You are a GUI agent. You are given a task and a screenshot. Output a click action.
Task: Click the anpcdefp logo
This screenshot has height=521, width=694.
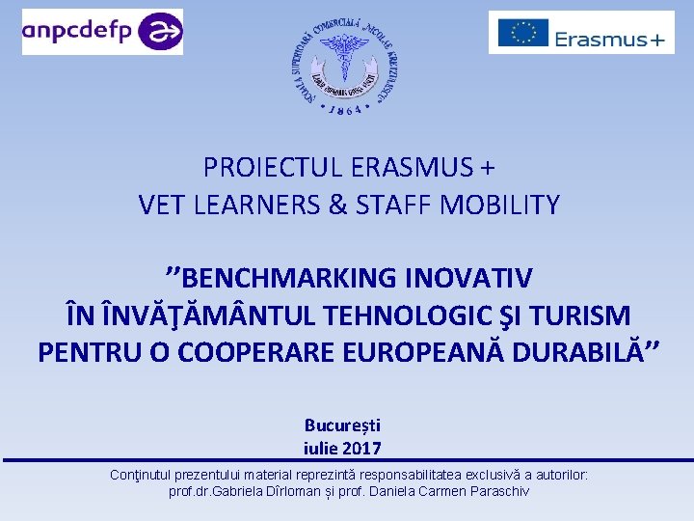pos(102,31)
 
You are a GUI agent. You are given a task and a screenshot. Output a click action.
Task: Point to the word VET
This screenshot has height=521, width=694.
pos(162,205)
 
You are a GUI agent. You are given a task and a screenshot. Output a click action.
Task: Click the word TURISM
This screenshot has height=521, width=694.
pos(581,315)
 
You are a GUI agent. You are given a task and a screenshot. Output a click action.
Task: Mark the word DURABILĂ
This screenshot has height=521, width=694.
pos(586,353)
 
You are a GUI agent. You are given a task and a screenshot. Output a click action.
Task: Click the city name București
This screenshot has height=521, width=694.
pos(342,425)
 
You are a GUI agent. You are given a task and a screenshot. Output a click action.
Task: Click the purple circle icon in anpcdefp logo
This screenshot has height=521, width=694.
pos(159,32)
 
